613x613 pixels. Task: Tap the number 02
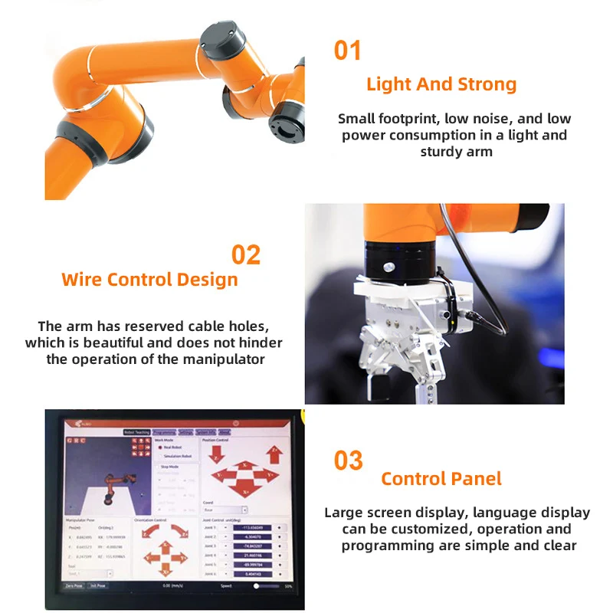click(246, 254)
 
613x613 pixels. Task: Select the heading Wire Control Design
click(149, 279)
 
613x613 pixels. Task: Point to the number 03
click(348, 461)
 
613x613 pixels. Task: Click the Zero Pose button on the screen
click(74, 585)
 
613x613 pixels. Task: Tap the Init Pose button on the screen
click(98, 585)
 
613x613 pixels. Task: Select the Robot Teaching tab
click(137, 432)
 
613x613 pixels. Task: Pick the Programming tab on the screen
click(164, 432)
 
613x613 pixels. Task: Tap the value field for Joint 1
click(252, 528)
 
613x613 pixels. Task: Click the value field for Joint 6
click(252, 574)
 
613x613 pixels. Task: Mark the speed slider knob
click(257, 585)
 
